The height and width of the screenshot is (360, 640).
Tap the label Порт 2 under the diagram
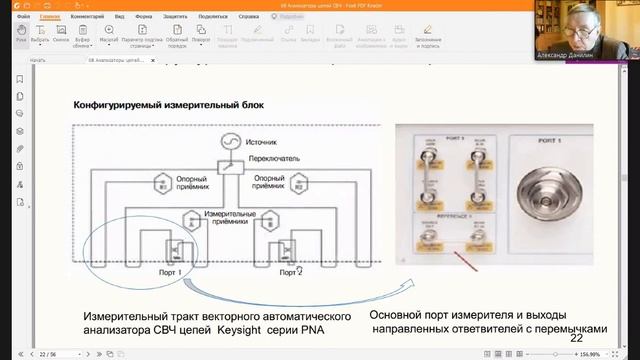click(290, 270)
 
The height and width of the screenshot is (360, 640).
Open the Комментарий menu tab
click(88, 17)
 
